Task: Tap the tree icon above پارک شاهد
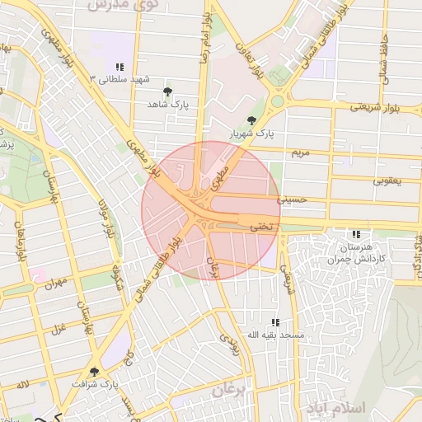[168, 91]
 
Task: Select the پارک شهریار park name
[251, 132]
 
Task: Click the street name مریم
[300, 154]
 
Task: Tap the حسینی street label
[291, 199]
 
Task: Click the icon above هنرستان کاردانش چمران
[356, 234]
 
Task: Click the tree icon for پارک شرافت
[94, 372]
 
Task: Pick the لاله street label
[22, 385]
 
